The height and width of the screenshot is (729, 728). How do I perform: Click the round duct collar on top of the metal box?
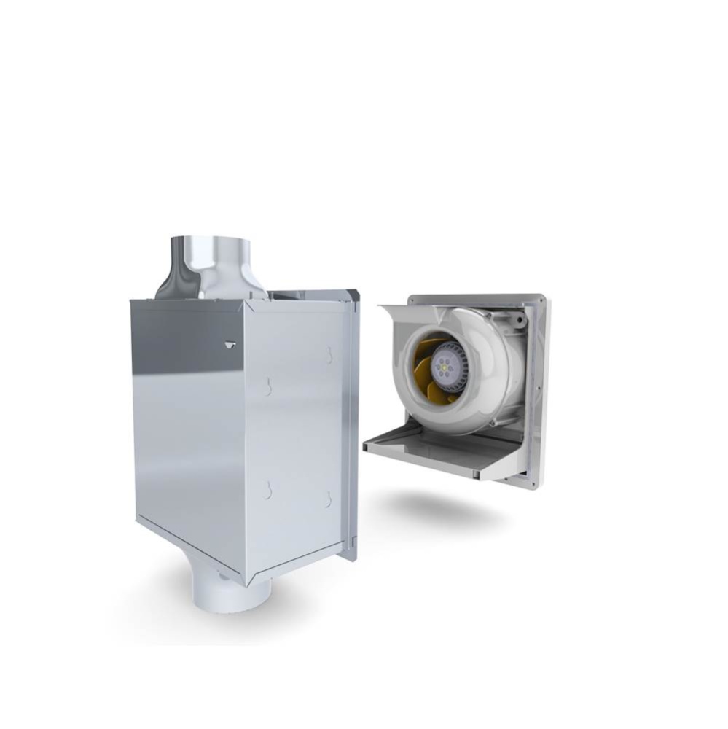(x=211, y=266)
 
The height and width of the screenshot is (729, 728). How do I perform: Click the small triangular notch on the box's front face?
(x=230, y=344)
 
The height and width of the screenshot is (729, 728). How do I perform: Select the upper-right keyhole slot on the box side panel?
(x=329, y=356)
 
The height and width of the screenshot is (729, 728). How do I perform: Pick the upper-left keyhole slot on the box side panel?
(x=268, y=386)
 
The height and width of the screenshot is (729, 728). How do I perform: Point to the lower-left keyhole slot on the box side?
(x=268, y=491)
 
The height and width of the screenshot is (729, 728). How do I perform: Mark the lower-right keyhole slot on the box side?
(x=329, y=499)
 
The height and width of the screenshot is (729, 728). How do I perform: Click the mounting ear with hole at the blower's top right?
(x=516, y=319)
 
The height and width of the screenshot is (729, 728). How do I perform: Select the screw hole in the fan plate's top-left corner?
(x=415, y=299)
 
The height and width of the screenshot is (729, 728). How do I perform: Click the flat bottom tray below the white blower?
(x=437, y=452)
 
